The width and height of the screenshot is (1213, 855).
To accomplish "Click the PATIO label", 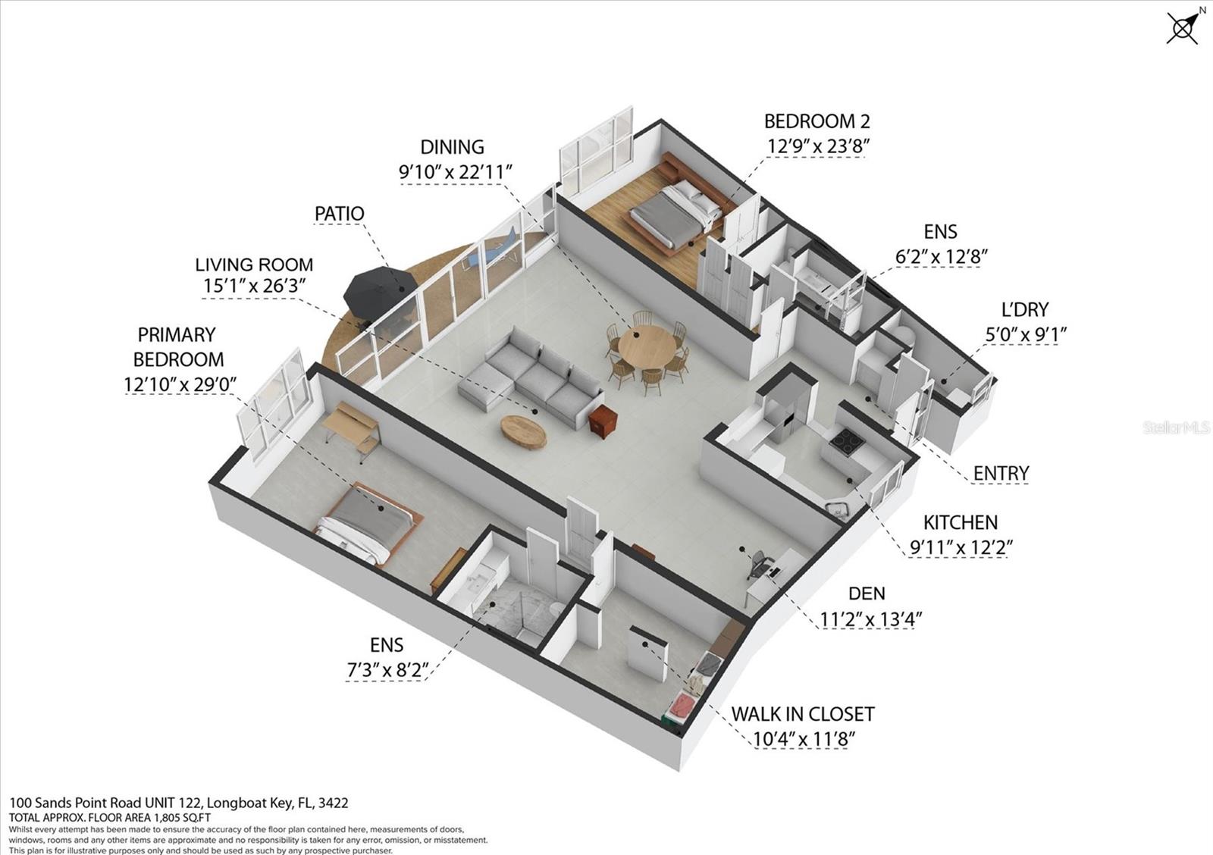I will (339, 214).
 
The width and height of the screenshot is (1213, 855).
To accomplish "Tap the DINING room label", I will (452, 147).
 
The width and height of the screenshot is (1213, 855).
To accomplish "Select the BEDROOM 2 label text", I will (817, 121).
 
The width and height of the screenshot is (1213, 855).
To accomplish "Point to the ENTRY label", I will (1001, 474).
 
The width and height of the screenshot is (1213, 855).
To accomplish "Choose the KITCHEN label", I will (960, 522).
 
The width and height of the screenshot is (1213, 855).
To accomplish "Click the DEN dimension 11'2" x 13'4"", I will (870, 619).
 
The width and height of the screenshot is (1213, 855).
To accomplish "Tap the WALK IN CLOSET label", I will (802, 714).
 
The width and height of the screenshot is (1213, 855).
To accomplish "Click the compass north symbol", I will (1183, 28).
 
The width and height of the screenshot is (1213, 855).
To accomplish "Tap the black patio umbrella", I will (379, 290).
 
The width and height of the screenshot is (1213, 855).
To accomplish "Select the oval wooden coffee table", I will (523, 432).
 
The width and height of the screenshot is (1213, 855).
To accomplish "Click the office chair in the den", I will (758, 564).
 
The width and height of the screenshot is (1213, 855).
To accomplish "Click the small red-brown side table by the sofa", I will (603, 421).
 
